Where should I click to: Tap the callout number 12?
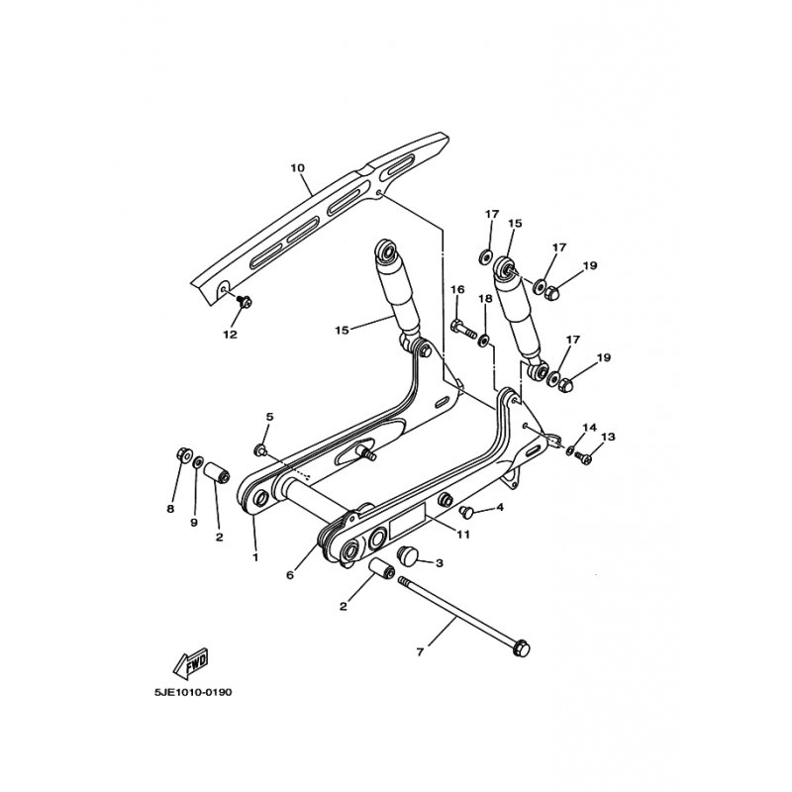click(230, 334)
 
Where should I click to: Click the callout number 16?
click(457, 289)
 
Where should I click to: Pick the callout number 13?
click(607, 437)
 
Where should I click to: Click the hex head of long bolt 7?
click(523, 649)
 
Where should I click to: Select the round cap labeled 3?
click(409, 555)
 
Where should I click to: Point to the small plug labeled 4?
click(467, 511)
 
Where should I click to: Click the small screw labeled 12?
click(243, 302)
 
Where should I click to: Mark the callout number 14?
click(589, 428)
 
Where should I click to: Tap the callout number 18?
click(485, 298)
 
